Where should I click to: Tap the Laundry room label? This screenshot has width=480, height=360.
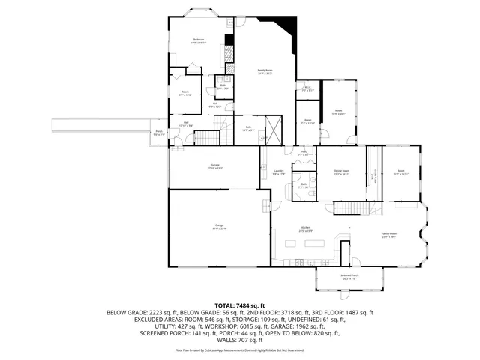click(277, 172)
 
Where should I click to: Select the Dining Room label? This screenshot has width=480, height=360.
click(341, 172)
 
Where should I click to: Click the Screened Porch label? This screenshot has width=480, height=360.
click(350, 277)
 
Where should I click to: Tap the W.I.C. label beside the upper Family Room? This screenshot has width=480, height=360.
click(307, 89)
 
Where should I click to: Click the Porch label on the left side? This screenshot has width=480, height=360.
click(159, 133)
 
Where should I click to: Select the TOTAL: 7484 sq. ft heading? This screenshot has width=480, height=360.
click(239, 305)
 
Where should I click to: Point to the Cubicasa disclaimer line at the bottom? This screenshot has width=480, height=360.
click(239, 349)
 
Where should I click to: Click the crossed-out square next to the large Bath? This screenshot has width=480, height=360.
click(274, 128)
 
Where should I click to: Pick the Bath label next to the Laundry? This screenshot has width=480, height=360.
click(304, 185)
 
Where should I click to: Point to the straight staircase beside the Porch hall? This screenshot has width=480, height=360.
click(209, 139)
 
